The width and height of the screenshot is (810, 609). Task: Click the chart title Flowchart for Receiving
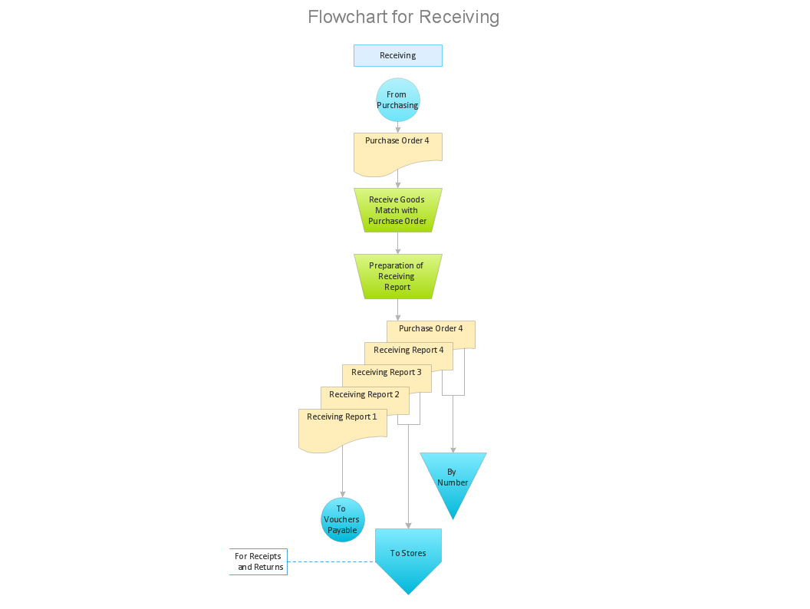tap(403, 17)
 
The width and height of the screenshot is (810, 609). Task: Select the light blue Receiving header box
tap(397, 55)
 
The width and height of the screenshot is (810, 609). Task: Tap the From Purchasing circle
tap(397, 100)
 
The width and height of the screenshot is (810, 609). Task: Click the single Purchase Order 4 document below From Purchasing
tap(397, 152)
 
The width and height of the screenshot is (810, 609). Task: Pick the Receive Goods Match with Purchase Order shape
tap(397, 210)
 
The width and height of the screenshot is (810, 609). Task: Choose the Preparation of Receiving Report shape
tap(397, 276)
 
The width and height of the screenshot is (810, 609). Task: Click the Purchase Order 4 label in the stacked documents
tap(430, 328)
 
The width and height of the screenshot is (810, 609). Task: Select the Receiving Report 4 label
tap(408, 351)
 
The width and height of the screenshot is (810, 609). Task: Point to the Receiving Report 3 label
tap(386, 373)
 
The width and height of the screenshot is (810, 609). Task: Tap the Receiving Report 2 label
tap(364, 395)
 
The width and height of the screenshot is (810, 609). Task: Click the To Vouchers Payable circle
tap(342, 519)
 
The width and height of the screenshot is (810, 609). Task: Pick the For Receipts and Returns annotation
tap(259, 561)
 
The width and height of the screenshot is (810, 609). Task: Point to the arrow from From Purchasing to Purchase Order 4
tap(397, 127)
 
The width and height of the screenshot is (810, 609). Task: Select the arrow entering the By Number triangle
tap(453, 430)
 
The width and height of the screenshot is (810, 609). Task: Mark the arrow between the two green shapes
tap(397, 243)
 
